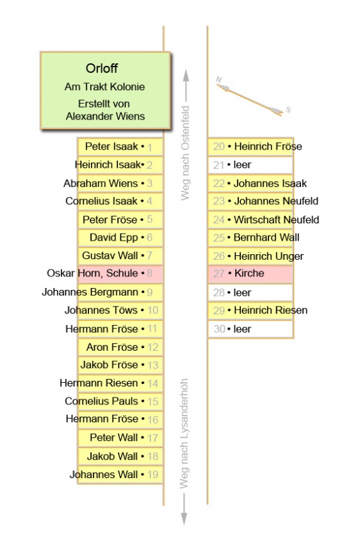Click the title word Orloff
pyautogui.click(x=102, y=68)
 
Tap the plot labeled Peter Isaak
pyautogui.click(x=120, y=147)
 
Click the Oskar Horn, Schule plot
pyautogui.click(x=120, y=273)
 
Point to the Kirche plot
pyautogui.click(x=250, y=273)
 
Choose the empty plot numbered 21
pyautogui.click(x=250, y=164)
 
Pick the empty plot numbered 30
pyautogui.click(x=250, y=329)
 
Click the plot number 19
pyautogui.click(x=152, y=474)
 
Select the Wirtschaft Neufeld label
pyautogui.click(x=276, y=220)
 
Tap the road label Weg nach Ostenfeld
pyautogui.click(x=185, y=153)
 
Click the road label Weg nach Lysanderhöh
pyautogui.click(x=184, y=434)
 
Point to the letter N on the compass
pyautogui.click(x=218, y=80)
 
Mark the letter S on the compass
pyautogui.click(x=288, y=110)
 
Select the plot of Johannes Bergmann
pyautogui.click(x=120, y=292)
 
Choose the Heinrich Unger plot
pyautogui.click(x=250, y=256)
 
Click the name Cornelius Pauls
pyautogui.click(x=101, y=401)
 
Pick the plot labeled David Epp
pyautogui.click(x=120, y=237)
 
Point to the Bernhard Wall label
pyautogui.click(x=266, y=237)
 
